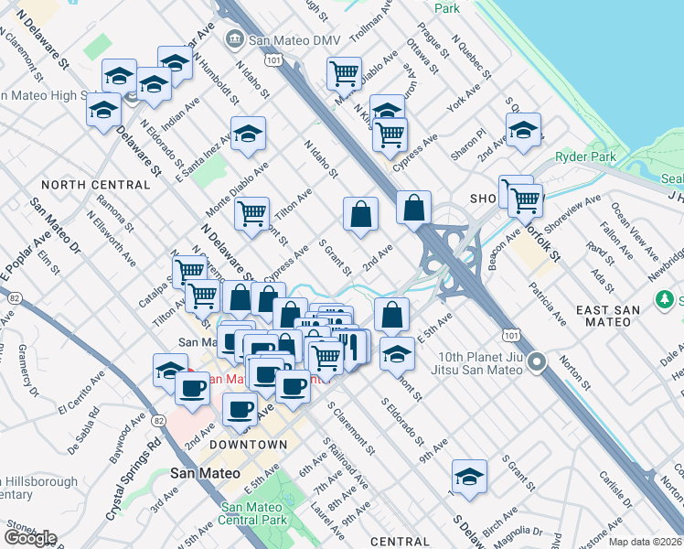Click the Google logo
pos(30,538)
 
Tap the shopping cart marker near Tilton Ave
pos(251,214)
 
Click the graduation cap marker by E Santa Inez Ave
pos(248,135)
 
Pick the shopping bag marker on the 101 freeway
pos(414,208)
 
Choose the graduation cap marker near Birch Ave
pos(469,477)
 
